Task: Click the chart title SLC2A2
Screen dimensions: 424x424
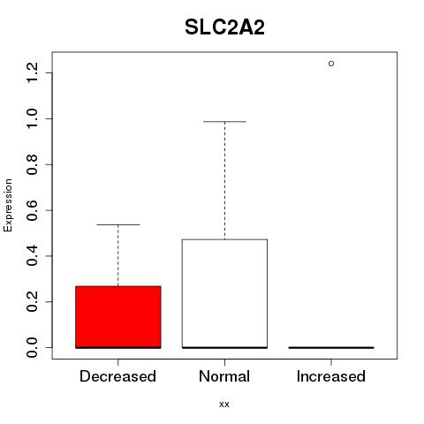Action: [224, 27]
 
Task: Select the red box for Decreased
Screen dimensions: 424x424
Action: [118, 317]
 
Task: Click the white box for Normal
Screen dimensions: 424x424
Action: [224, 293]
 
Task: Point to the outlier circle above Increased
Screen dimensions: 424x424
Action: [331, 64]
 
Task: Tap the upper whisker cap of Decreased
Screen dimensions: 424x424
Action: [118, 224]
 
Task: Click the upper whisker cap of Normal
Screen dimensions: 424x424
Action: [224, 121]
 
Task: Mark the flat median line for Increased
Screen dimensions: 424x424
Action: [331, 347]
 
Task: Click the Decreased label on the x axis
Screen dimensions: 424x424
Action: [117, 376]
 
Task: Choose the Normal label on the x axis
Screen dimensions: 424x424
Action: [224, 376]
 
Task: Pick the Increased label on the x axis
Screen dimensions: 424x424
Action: [331, 376]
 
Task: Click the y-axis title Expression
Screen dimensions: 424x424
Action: [8, 205]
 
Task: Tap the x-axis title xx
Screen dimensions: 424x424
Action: [224, 405]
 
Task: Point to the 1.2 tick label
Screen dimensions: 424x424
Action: [32, 72]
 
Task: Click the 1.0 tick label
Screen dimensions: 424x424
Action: [32, 118]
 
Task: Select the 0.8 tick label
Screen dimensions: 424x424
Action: [32, 164]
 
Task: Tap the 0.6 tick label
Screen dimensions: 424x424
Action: [32, 210]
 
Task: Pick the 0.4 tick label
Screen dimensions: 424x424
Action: [32, 256]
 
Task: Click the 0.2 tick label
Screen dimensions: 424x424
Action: [32, 302]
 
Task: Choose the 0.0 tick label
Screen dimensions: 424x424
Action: [32, 347]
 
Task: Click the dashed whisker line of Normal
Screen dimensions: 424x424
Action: [225, 180]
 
